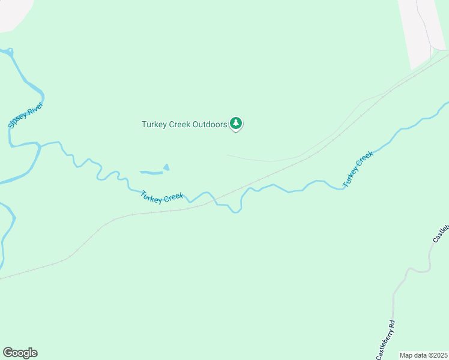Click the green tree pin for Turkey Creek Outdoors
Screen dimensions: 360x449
pos(236,124)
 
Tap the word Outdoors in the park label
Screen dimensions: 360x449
pos(206,125)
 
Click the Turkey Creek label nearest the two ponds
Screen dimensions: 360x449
pos(161,197)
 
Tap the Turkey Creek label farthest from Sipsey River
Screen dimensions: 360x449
pos(358,168)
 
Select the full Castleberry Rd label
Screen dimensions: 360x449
pos(386,340)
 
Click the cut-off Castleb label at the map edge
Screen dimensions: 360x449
pos(441,233)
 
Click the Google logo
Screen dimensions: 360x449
pos(20,353)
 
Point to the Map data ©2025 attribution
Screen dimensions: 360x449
pos(423,355)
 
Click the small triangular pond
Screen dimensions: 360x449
pos(166,167)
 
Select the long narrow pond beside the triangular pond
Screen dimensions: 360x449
pos(151,173)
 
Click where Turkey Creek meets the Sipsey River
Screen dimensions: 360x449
pos(38,144)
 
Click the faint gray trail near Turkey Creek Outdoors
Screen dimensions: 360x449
pos(270,160)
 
